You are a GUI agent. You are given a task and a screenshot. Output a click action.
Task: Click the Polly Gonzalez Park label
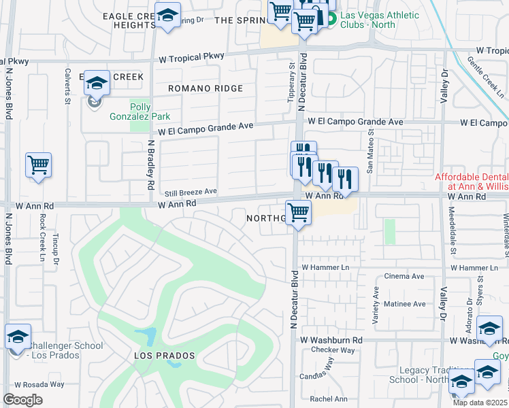point(140,110)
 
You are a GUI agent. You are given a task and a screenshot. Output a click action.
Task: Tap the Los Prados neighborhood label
point(164,356)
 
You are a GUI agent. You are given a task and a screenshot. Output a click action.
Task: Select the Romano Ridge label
point(206,88)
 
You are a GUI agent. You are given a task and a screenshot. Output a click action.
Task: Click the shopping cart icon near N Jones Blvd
point(39,165)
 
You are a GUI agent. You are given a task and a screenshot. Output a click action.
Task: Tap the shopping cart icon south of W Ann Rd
point(298,214)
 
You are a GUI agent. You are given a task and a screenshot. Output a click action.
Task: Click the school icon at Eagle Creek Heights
point(167,16)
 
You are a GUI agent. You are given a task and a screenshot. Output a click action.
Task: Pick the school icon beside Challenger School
point(18,337)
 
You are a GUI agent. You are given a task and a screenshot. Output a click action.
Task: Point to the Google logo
point(22,400)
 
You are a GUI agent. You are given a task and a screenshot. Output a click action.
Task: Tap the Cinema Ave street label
point(404,276)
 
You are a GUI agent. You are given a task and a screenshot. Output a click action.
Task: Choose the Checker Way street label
point(333,350)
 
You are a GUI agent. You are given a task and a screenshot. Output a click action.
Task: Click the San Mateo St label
point(370,158)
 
